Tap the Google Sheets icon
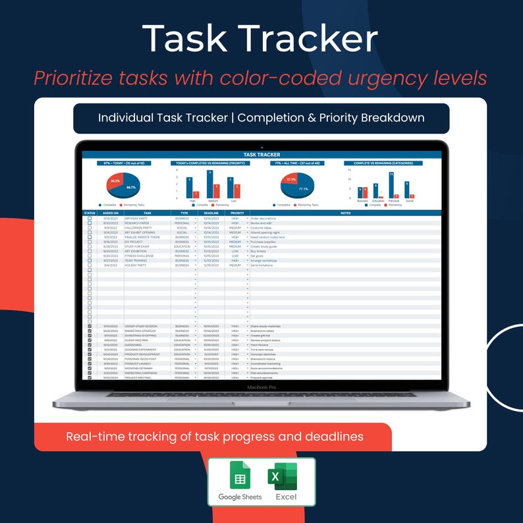pyautogui.click(x=240, y=475)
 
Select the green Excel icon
pyautogui.click(x=282, y=476)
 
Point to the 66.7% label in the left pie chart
pyautogui.click(x=131, y=187)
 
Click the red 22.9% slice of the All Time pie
pyautogui.click(x=291, y=180)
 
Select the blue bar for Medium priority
pyautogui.click(x=209, y=184)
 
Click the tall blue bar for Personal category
pyautogui.click(x=391, y=184)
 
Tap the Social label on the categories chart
pyautogui.click(x=409, y=201)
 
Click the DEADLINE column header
pyautogui.click(x=211, y=213)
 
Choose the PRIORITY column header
pyautogui.click(x=236, y=213)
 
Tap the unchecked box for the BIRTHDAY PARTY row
pyautogui.click(x=90, y=219)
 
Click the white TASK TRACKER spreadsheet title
pyautogui.click(x=261, y=155)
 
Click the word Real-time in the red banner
pyautogui.click(x=94, y=437)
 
